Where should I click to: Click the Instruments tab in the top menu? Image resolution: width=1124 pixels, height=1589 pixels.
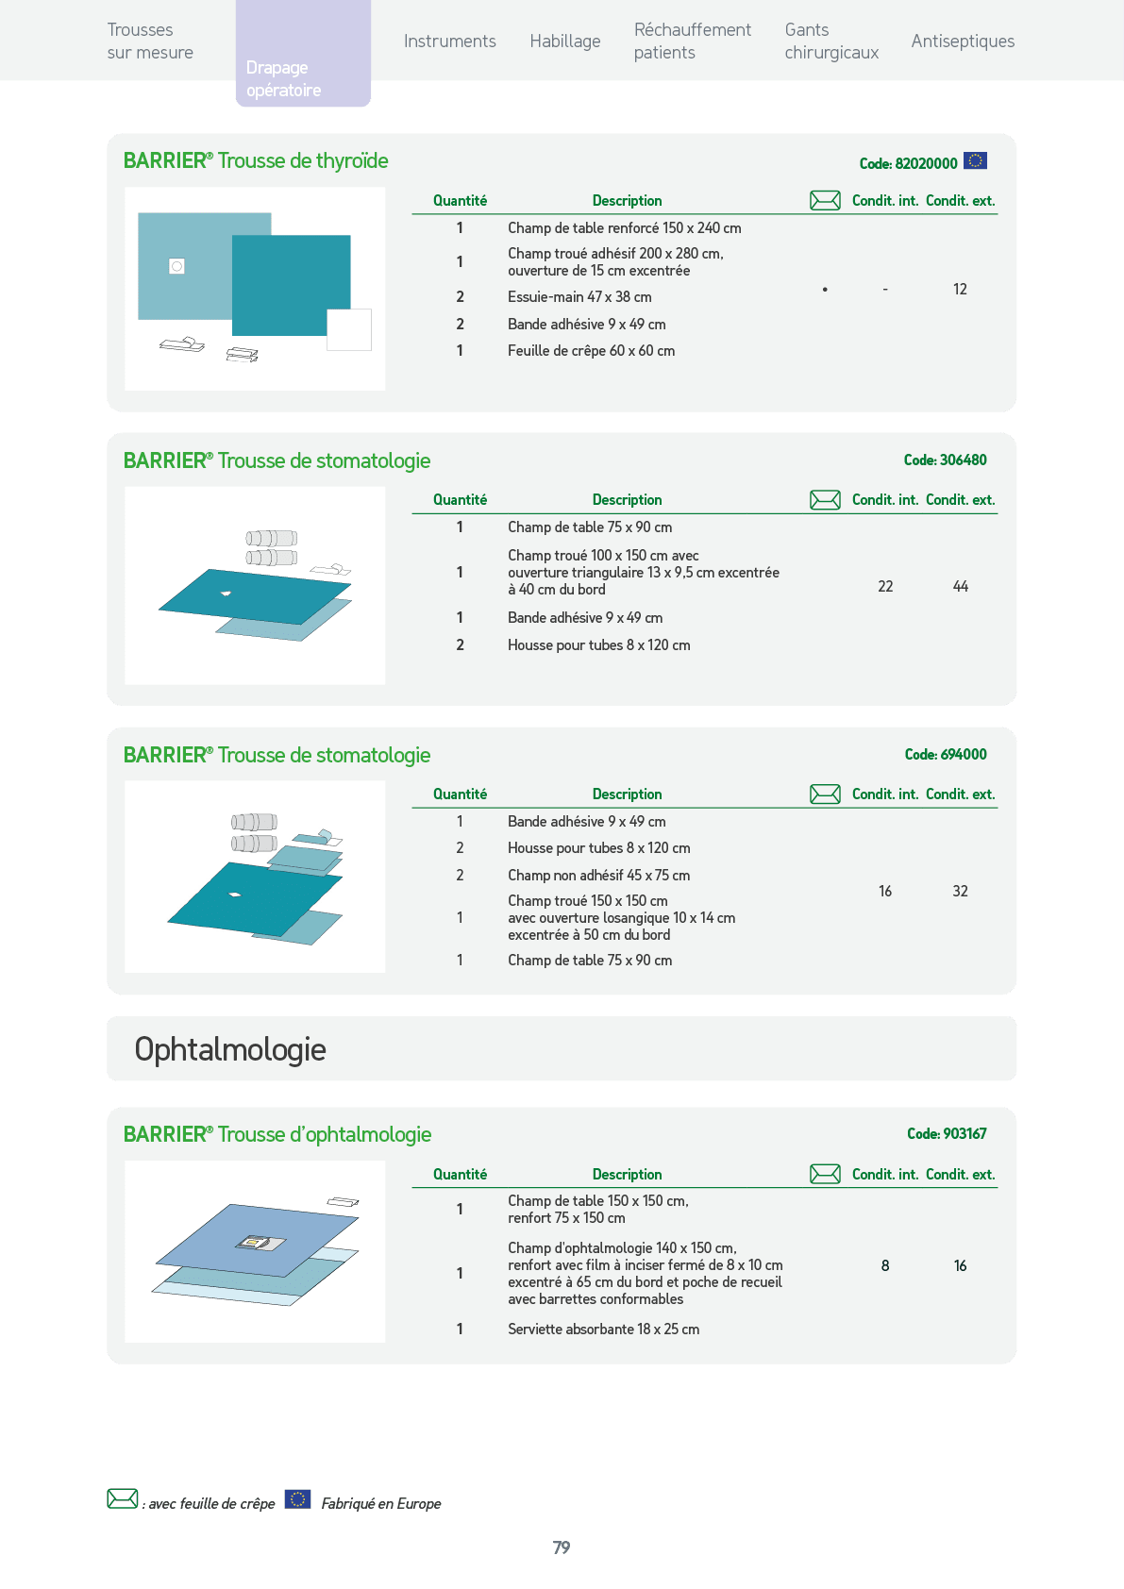[450, 42]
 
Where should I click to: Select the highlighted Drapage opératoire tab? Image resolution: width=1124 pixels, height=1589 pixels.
[303, 54]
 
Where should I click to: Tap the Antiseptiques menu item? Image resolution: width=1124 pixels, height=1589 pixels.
[963, 42]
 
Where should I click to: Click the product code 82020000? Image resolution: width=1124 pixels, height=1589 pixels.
[908, 163]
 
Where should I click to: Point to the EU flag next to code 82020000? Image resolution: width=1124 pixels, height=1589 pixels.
[975, 161]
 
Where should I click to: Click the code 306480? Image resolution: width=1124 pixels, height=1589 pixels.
[946, 460]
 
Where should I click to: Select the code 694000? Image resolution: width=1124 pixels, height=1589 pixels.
[946, 754]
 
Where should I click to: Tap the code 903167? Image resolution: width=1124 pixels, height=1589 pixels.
[947, 1133]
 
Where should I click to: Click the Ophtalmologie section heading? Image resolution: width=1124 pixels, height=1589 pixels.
[230, 1050]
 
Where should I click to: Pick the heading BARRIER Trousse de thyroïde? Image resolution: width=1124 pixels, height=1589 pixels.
[256, 161]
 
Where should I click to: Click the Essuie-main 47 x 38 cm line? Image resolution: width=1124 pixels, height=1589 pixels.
[579, 296]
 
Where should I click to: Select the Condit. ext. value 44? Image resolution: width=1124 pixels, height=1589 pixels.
[960, 587]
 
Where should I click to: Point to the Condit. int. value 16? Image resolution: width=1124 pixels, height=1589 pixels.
[885, 891]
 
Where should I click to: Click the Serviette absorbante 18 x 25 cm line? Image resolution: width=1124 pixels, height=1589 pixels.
[603, 1329]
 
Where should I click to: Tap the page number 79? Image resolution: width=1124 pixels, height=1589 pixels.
[562, 1547]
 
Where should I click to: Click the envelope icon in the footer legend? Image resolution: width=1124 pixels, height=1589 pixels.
[122, 1499]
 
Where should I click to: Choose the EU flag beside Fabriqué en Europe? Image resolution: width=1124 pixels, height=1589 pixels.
[297, 1499]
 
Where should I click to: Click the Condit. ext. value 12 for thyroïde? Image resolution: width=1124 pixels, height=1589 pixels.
[960, 290]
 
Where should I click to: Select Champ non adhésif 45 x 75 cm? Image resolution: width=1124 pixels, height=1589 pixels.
[598, 876]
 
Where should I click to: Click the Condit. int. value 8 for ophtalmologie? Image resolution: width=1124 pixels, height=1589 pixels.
[885, 1265]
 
